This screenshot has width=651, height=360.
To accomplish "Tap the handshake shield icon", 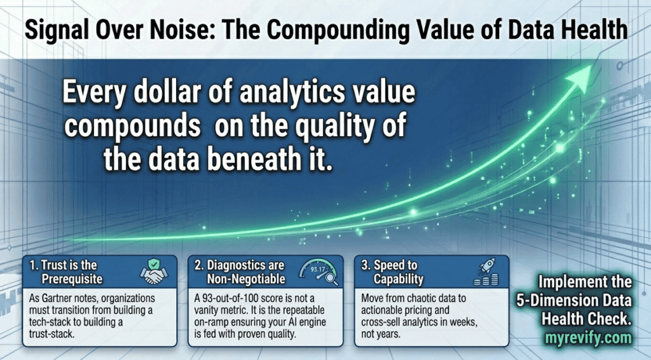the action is (x=154, y=272).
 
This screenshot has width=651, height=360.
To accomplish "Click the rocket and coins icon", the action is (x=486, y=272).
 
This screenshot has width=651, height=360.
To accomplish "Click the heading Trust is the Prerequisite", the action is (x=65, y=272).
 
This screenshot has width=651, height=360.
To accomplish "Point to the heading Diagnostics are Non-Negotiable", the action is (x=240, y=272).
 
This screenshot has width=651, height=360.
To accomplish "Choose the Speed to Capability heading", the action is (x=392, y=272).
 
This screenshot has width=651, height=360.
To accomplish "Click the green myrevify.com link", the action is (x=588, y=338).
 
